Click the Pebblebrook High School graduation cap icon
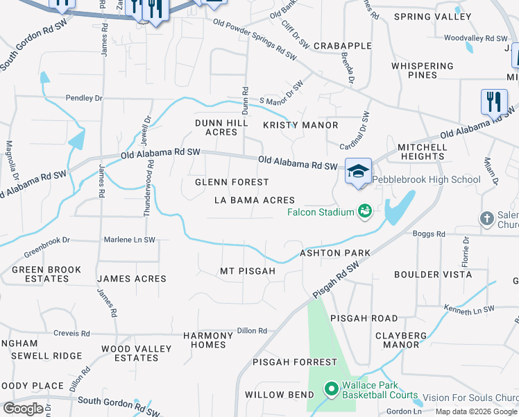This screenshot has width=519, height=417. click(x=358, y=172)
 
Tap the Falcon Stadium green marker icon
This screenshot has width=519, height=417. click(x=364, y=210)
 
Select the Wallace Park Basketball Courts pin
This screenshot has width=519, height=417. click(x=331, y=389)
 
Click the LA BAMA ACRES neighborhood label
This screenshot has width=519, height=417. click(x=255, y=200)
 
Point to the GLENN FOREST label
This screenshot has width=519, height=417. click(x=232, y=182)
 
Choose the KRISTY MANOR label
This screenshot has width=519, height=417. click(x=300, y=125)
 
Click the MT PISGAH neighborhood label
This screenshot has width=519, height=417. click(x=248, y=270)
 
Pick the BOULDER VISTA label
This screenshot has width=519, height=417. click(x=433, y=275)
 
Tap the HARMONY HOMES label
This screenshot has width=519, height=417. click(x=205, y=340)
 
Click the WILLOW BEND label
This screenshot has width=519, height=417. click(x=275, y=395)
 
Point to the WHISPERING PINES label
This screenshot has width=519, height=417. click(x=423, y=70)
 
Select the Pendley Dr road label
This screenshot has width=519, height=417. click(x=84, y=98)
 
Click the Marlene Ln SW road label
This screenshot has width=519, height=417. click(x=129, y=240)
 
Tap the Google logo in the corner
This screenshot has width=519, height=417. click(x=23, y=408)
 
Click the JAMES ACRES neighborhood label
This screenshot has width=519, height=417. click(x=132, y=279)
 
